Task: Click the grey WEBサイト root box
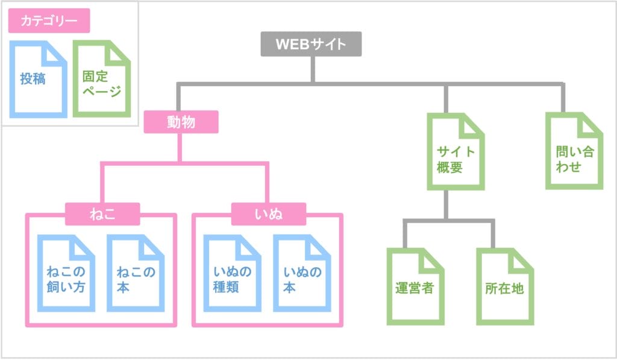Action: [x=311, y=45]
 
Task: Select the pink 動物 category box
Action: [x=181, y=122]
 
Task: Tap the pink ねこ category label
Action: [x=102, y=213]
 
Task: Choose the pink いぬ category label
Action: [x=269, y=213]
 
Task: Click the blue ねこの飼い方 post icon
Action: [x=66, y=274]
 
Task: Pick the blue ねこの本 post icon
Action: [x=136, y=274]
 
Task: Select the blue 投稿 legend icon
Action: [x=37, y=79]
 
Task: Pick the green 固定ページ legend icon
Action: [x=101, y=79]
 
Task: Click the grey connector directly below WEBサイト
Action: [x=312, y=69]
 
